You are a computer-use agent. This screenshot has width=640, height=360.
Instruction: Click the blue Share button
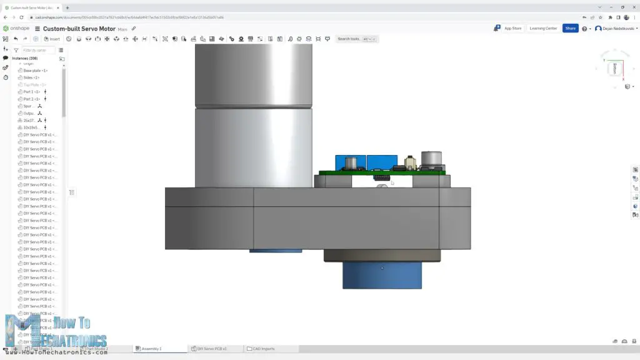pyautogui.click(x=570, y=28)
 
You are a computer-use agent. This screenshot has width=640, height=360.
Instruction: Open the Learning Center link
pyautogui.click(x=542, y=28)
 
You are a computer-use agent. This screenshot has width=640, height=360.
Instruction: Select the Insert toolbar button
pyautogui.click(x=52, y=39)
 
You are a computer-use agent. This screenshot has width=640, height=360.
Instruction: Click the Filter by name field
pyautogui.click(x=37, y=50)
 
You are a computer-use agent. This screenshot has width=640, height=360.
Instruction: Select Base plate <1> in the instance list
pyautogui.click(x=35, y=71)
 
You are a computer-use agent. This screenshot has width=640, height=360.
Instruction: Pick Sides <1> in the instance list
pyautogui.click(x=31, y=77)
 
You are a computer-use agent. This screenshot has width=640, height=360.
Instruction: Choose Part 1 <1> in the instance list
pyautogui.click(x=32, y=92)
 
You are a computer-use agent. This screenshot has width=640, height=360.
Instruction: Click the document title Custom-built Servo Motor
pyautogui.click(x=79, y=29)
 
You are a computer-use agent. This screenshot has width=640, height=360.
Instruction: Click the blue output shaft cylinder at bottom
pyautogui.click(x=382, y=276)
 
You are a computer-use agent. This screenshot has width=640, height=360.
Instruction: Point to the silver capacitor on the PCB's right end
pyautogui.click(x=432, y=160)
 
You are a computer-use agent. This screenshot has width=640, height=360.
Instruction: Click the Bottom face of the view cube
pyautogui.click(x=615, y=68)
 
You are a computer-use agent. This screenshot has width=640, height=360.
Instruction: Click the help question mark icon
pyautogui.click(x=584, y=29)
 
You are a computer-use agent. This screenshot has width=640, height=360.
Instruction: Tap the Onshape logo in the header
pyautogui.click(x=17, y=29)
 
